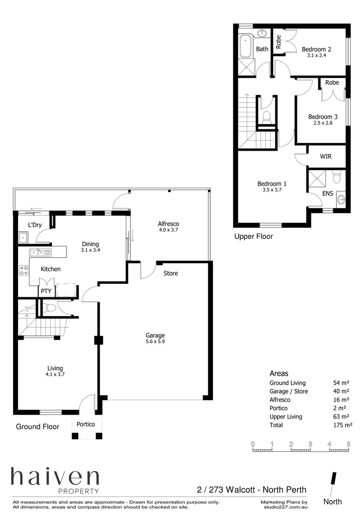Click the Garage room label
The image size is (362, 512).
point(155,335)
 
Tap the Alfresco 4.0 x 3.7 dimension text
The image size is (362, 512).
point(168,230)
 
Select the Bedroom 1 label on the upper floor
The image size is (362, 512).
point(272,183)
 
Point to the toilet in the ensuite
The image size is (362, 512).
point(336,178)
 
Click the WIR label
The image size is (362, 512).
point(325,156)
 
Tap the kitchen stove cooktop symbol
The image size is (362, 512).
point(23,271)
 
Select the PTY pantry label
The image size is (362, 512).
point(46,291)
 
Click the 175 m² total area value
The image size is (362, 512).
point(343,425)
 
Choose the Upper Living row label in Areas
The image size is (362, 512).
point(286,417)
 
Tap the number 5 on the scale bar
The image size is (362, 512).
point(349,444)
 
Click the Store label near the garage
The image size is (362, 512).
point(171,273)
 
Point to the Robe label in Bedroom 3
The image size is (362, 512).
point(332,82)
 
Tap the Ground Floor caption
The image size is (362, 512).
point(37,427)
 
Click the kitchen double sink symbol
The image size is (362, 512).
point(37,252)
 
